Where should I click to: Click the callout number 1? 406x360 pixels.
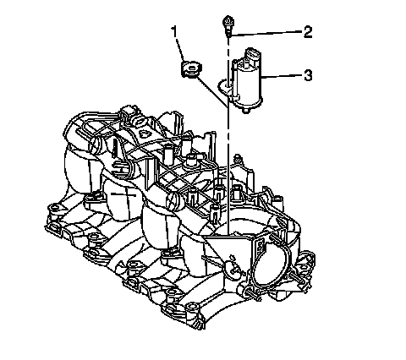coord(174,31)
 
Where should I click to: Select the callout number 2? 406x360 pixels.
coord(308,31)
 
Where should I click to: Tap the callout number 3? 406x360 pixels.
coord(308,75)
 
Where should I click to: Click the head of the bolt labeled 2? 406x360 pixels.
coord(228,21)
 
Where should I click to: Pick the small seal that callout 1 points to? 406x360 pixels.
coord(191,69)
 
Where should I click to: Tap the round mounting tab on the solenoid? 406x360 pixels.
coord(226,85)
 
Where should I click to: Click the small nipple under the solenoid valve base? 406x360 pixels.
coord(247,112)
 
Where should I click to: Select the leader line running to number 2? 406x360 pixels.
coord(266,33)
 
